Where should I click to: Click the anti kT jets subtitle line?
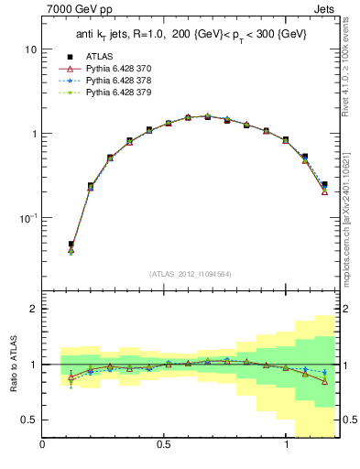click(191, 35)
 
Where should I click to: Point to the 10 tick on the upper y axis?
click(30, 49)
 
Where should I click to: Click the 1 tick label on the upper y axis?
click(34, 134)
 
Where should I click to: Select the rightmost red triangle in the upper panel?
click(325, 192)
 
